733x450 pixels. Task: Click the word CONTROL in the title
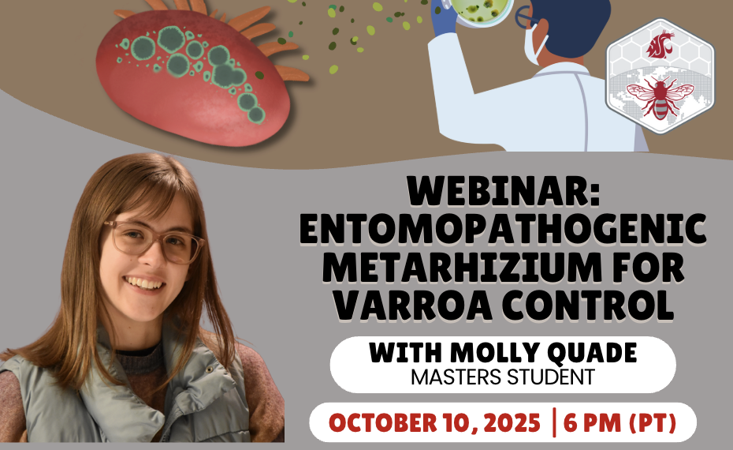pos(581,304)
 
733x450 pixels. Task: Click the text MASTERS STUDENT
pos(502,377)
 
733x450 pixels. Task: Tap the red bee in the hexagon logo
pos(657,97)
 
